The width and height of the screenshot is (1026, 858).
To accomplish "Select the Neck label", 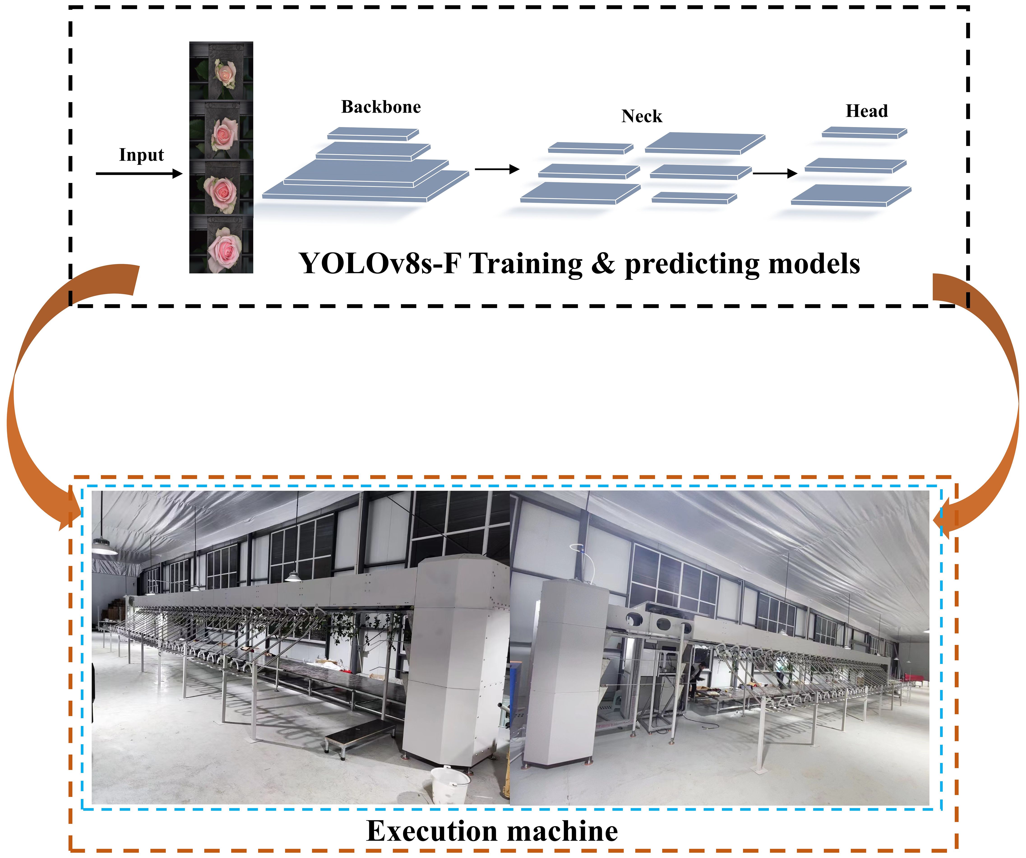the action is click(642, 116).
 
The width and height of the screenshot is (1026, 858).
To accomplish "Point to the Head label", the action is click(867, 111).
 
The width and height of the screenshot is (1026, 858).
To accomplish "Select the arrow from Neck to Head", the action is click(775, 173).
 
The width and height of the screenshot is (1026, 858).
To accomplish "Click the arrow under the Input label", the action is click(139, 174).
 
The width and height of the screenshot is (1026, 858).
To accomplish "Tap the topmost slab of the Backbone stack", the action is click(373, 134).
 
